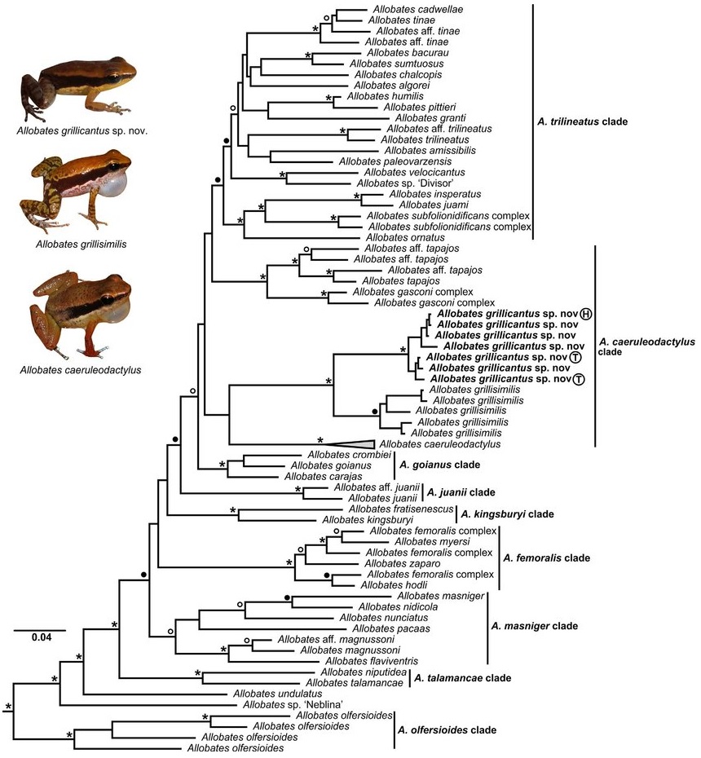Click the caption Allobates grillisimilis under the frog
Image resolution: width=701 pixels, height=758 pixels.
[x=80, y=242]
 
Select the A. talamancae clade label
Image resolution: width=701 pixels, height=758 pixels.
[x=462, y=677]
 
